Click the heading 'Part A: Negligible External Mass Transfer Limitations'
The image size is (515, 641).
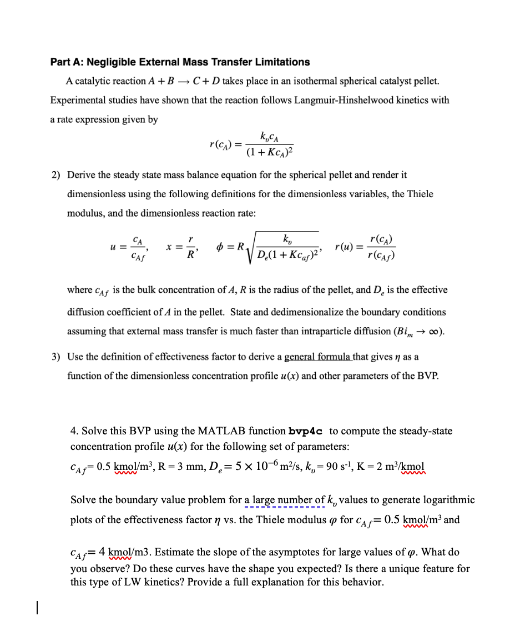(180, 62)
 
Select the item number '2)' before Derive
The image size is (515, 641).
(56, 174)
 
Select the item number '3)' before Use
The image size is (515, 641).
(56, 357)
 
